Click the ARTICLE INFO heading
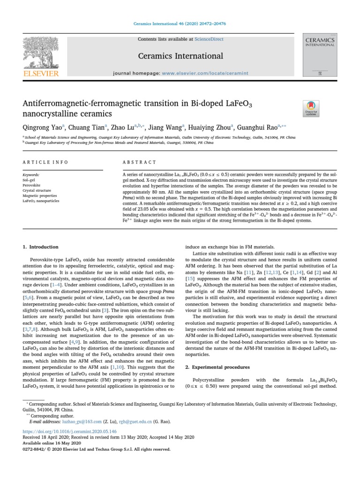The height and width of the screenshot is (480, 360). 45,162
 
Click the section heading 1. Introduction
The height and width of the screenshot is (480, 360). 41,247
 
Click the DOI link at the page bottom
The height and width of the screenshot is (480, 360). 69,431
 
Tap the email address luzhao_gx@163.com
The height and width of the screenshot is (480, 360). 74,421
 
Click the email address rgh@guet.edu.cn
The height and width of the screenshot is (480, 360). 132,421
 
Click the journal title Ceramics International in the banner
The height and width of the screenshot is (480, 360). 180,56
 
